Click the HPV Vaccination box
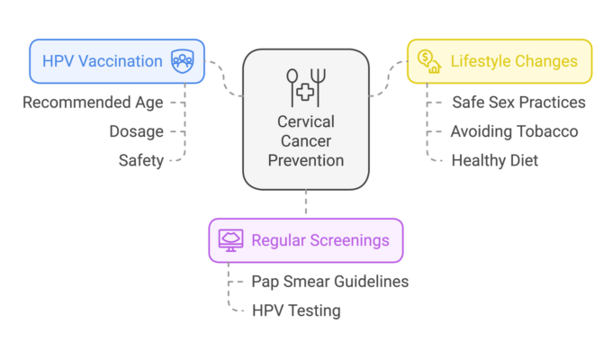pyautogui.click(x=117, y=62)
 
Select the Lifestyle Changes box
pyautogui.click(x=499, y=62)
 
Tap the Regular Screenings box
pyautogui.click(x=306, y=240)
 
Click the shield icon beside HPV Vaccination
pyautogui.click(x=183, y=62)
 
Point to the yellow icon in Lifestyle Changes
pyautogui.click(x=428, y=62)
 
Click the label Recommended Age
pyautogui.click(x=94, y=103)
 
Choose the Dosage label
pyautogui.click(x=138, y=131)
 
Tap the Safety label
pyautogui.click(x=140, y=160)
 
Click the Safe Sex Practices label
pyautogui.click(x=518, y=103)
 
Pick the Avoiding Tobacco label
pyautogui.click(x=514, y=131)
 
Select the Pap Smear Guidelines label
pyautogui.click(x=330, y=282)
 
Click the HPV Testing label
pyautogui.click(x=296, y=310)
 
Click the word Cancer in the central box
pyautogui.click(x=306, y=141)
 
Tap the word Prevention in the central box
pyautogui.click(x=306, y=161)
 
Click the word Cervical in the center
pyautogui.click(x=306, y=121)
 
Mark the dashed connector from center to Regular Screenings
pyautogui.click(x=306, y=203)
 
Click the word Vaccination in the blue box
pyautogui.click(x=122, y=62)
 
